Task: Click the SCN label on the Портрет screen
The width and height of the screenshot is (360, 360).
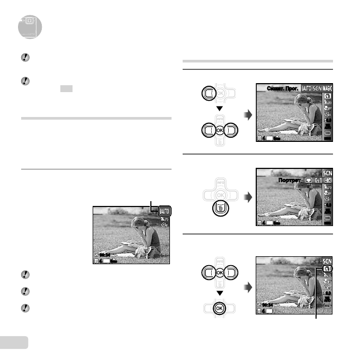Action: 327,173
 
